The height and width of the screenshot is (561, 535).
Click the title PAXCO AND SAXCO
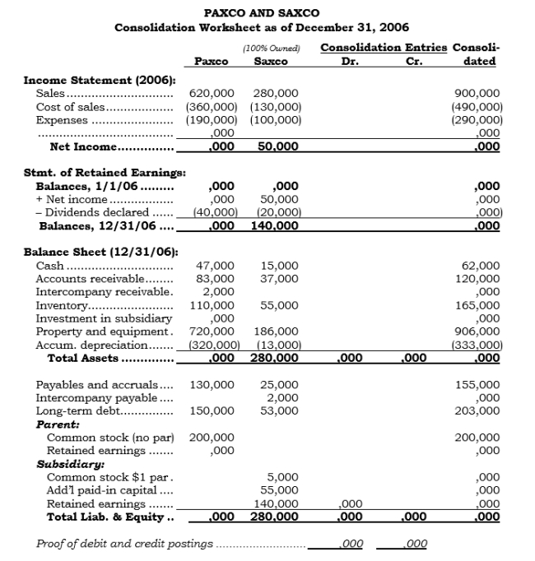(x=262, y=13)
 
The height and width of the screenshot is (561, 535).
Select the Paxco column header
(x=211, y=62)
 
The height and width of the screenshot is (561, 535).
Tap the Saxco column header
(x=271, y=62)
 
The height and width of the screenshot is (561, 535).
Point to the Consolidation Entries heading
(x=383, y=48)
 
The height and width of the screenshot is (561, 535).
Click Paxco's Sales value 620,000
(x=212, y=94)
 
